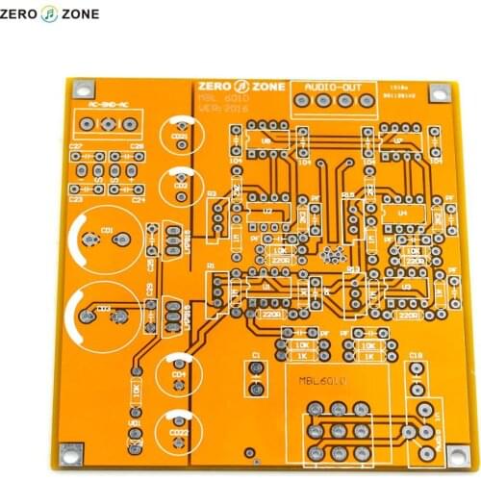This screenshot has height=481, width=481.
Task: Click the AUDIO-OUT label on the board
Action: [334, 86]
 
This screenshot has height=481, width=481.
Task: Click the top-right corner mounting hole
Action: [439, 94]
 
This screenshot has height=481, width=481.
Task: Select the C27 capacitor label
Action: [76, 146]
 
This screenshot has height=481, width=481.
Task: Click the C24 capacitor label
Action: [138, 200]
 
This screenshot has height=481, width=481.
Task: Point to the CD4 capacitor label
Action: [177, 375]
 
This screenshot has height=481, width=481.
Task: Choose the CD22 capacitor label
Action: [179, 433]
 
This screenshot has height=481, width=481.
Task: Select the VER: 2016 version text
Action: [222, 109]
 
